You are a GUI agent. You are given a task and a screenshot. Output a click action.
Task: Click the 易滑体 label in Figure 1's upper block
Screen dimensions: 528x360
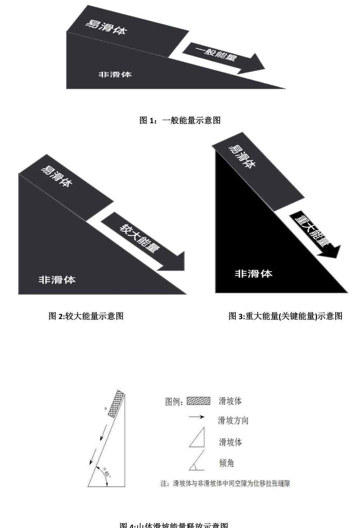(x=106, y=27)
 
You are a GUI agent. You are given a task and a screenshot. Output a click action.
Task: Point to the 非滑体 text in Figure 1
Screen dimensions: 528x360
(x=115, y=75)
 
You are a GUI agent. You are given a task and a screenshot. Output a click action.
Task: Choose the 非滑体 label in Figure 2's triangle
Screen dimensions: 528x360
(x=57, y=280)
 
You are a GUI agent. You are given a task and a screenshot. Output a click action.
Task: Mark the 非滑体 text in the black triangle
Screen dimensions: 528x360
(x=253, y=274)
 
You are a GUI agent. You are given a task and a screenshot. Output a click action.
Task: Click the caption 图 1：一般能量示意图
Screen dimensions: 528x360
(x=180, y=121)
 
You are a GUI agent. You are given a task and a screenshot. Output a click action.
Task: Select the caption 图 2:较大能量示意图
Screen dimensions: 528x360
(x=86, y=316)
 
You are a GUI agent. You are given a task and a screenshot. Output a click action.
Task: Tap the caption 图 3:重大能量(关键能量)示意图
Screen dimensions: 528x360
(x=285, y=316)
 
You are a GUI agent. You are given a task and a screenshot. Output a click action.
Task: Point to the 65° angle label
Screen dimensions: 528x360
(x=108, y=475)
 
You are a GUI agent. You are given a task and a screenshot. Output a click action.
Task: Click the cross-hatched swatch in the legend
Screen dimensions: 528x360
(x=198, y=401)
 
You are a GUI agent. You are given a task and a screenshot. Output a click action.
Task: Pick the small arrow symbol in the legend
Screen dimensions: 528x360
(x=196, y=417)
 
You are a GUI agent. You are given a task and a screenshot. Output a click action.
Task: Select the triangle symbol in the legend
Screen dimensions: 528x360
(x=197, y=437)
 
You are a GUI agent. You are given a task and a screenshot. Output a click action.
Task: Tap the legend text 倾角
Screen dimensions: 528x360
(x=226, y=463)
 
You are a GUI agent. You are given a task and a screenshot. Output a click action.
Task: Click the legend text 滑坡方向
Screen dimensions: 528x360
(x=233, y=420)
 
